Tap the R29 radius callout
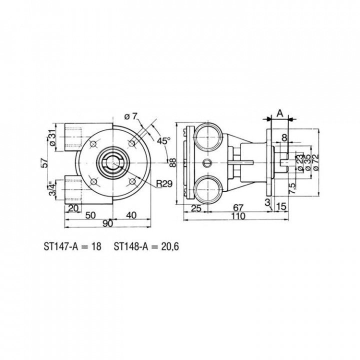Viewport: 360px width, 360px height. coord(164,183)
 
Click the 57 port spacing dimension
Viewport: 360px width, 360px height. coord(45,163)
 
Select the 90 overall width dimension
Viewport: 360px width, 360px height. coord(107,224)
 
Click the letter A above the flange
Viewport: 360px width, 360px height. coord(280,113)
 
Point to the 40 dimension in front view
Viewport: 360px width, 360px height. coord(131,215)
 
